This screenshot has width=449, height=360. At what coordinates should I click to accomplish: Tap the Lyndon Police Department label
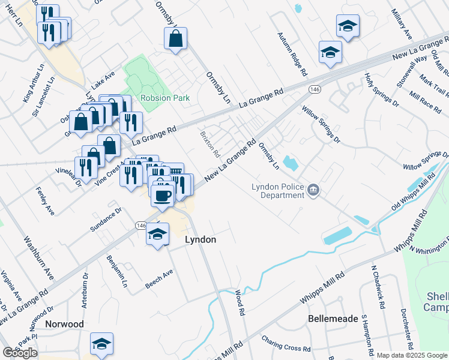277,191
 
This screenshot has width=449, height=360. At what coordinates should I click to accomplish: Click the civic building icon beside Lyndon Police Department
313,191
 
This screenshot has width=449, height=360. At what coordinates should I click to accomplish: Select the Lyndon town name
200,239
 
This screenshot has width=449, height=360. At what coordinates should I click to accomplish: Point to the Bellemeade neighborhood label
333,318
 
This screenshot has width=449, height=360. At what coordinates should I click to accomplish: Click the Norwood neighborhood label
64,324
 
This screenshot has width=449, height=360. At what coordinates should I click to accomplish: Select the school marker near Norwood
102,344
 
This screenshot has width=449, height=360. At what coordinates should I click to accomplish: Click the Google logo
20,353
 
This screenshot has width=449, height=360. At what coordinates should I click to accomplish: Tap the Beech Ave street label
159,279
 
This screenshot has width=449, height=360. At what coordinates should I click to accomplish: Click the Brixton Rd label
209,143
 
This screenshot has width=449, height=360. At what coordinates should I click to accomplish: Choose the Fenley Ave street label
45,202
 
